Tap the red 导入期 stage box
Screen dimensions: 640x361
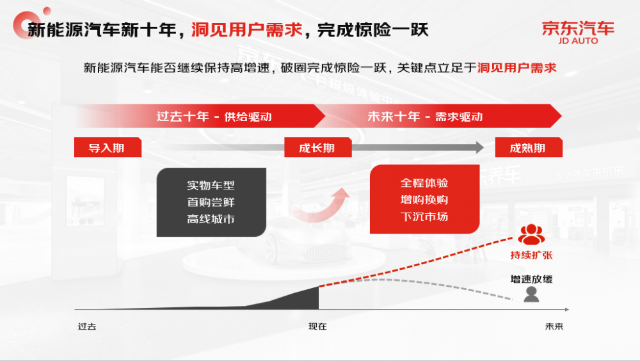pyautogui.click(x=108, y=147)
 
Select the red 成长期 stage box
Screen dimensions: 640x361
pyautogui.click(x=318, y=147)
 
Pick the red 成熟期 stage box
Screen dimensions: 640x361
pyautogui.click(x=529, y=147)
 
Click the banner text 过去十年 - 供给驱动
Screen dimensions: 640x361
pyautogui.click(x=214, y=116)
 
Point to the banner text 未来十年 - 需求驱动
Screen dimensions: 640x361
pyautogui.click(x=425, y=116)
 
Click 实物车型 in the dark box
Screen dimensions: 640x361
pyautogui.click(x=211, y=186)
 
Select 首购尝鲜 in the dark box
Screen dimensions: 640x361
pyautogui.click(x=211, y=202)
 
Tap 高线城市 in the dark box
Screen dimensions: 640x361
pyautogui.click(x=211, y=220)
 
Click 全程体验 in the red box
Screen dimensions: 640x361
pyautogui.click(x=424, y=183)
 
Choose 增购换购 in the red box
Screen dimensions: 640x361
pyautogui.click(x=424, y=200)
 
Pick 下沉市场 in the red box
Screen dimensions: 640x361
pyautogui.click(x=424, y=216)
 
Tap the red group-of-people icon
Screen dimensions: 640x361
pyautogui.click(x=531, y=234)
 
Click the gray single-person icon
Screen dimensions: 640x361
pyautogui.click(x=531, y=294)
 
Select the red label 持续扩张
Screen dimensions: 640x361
pyautogui.click(x=531, y=255)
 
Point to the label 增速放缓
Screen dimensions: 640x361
pyautogui.click(x=531, y=279)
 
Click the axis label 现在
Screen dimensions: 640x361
pyautogui.click(x=317, y=326)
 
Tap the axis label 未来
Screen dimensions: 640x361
pyautogui.click(x=554, y=326)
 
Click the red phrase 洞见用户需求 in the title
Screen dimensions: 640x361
pyautogui.click(x=247, y=30)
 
